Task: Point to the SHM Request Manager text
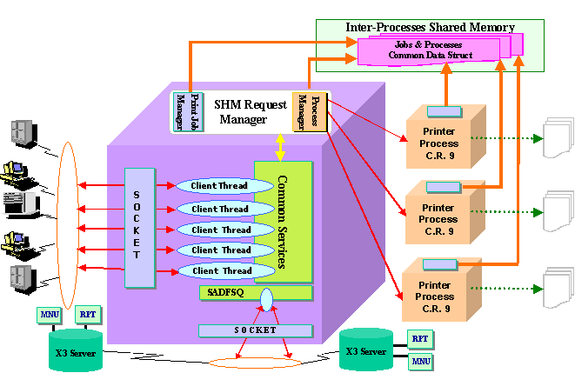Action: point(246,111)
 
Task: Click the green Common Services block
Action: point(284,222)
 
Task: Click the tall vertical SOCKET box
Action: point(138,228)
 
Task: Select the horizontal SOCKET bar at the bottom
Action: point(255,330)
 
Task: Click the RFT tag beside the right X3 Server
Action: point(419,339)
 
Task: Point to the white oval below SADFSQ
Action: point(267,300)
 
